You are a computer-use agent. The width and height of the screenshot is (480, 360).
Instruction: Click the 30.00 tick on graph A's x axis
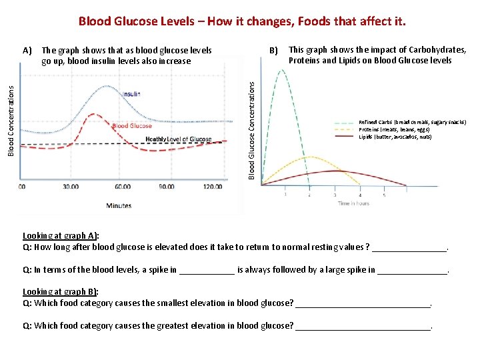pyautogui.click(x=71, y=187)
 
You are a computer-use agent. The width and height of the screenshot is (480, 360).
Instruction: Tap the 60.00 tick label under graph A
pyautogui.click(x=123, y=187)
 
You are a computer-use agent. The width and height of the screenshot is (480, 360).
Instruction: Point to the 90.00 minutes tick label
pyautogui.click(x=166, y=187)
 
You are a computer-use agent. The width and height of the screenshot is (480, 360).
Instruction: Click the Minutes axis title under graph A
pyautogui.click(x=119, y=205)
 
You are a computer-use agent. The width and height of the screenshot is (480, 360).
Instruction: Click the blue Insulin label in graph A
pyautogui.click(x=131, y=94)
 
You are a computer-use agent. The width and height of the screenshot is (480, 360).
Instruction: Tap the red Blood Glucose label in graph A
pyautogui.click(x=132, y=125)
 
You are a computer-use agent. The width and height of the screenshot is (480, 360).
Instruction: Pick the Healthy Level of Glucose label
pyautogui.click(x=178, y=139)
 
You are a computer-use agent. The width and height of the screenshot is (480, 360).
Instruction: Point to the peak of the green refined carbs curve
pyautogui.click(x=284, y=70)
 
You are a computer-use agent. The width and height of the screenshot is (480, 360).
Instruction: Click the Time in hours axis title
pyautogui.click(x=353, y=203)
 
